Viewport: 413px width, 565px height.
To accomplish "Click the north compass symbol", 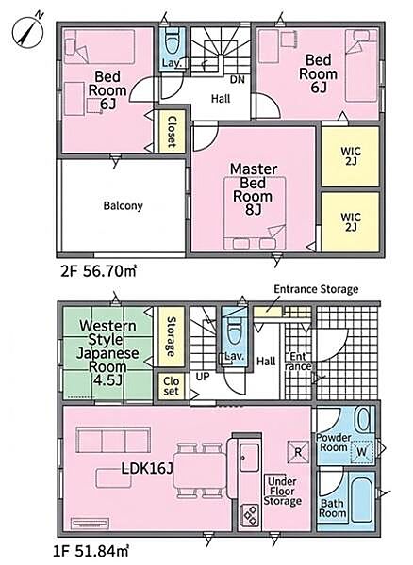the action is [28, 31].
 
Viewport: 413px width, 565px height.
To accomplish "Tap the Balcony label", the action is [123, 205].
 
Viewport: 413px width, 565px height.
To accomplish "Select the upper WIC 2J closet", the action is [350, 156].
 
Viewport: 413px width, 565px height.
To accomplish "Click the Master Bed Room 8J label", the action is [254, 189].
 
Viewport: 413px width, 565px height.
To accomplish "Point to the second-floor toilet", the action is [172, 43].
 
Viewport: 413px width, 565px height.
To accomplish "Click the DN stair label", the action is [237, 79].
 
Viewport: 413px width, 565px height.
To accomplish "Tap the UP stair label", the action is [203, 377].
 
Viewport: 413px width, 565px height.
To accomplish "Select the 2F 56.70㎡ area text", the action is [98, 271].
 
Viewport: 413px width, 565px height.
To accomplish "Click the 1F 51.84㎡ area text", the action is [91, 551].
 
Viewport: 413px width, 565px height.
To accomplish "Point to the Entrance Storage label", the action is [316, 289].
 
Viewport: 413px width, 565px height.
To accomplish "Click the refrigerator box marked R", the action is [298, 452].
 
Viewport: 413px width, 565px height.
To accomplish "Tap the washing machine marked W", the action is [362, 452].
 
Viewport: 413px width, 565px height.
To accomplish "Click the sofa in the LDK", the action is [113, 440].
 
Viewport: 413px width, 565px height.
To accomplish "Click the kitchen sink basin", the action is [249, 458].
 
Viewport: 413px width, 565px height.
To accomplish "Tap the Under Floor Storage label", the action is [283, 492].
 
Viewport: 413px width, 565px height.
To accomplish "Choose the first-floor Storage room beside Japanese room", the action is [170, 336].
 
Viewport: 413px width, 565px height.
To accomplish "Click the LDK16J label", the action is [147, 469].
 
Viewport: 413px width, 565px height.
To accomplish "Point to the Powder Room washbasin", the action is [363, 419].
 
